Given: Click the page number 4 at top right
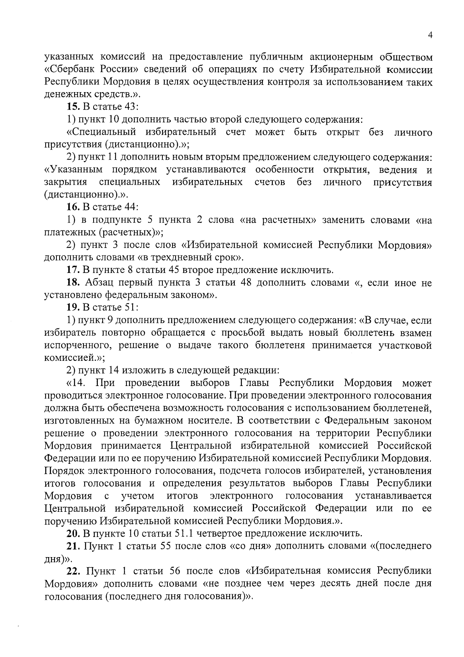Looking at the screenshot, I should pos(430,35).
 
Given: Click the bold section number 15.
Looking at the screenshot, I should pos(73,107).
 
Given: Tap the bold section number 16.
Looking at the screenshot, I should pos(73,208).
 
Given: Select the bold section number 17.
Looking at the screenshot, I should pos(73,270).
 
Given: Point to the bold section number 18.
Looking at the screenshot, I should pos(73,283).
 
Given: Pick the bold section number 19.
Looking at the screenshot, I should pos(73,308).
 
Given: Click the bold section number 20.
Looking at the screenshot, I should pos(73,533).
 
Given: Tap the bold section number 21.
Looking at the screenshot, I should pos(73,546).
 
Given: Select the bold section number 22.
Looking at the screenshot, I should pos(73,571).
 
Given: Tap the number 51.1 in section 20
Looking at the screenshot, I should pos(184,533).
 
